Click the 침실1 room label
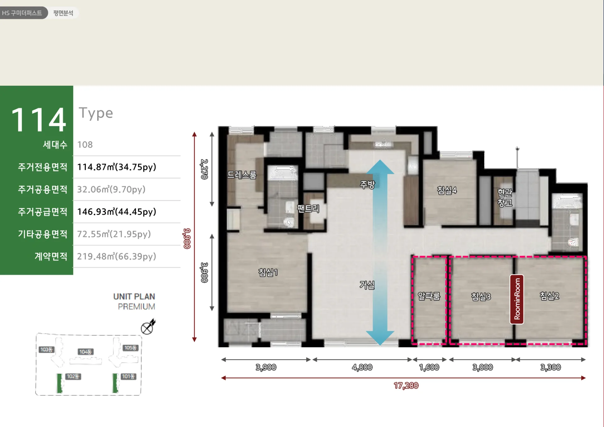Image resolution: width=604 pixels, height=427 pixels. (x=268, y=272)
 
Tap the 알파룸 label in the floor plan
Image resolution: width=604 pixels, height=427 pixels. (x=429, y=296)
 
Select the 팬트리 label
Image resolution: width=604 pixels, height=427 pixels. (x=308, y=208)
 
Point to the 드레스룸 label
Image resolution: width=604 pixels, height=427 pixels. (x=242, y=175)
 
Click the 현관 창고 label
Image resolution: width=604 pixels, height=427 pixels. (x=505, y=198)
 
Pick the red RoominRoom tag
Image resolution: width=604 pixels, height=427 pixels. (x=517, y=299)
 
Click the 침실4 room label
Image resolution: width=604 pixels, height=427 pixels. (x=447, y=190)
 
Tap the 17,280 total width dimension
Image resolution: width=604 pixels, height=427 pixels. (x=406, y=385)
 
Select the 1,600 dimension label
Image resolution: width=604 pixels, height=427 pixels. (x=429, y=367)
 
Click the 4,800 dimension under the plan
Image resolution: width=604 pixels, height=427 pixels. (x=362, y=367)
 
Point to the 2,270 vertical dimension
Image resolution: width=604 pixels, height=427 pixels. (x=204, y=169)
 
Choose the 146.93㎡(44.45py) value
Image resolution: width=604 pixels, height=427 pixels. (x=117, y=211)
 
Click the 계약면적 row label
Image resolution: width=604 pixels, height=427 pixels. (x=51, y=256)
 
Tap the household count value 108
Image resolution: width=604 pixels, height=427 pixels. (x=85, y=145)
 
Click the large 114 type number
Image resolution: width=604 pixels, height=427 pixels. (x=39, y=120)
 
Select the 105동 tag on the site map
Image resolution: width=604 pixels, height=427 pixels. (x=130, y=348)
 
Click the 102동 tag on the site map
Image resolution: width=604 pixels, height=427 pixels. (x=73, y=376)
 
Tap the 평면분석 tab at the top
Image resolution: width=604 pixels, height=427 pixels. (x=63, y=13)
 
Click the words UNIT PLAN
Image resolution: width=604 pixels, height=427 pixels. (x=134, y=297)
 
